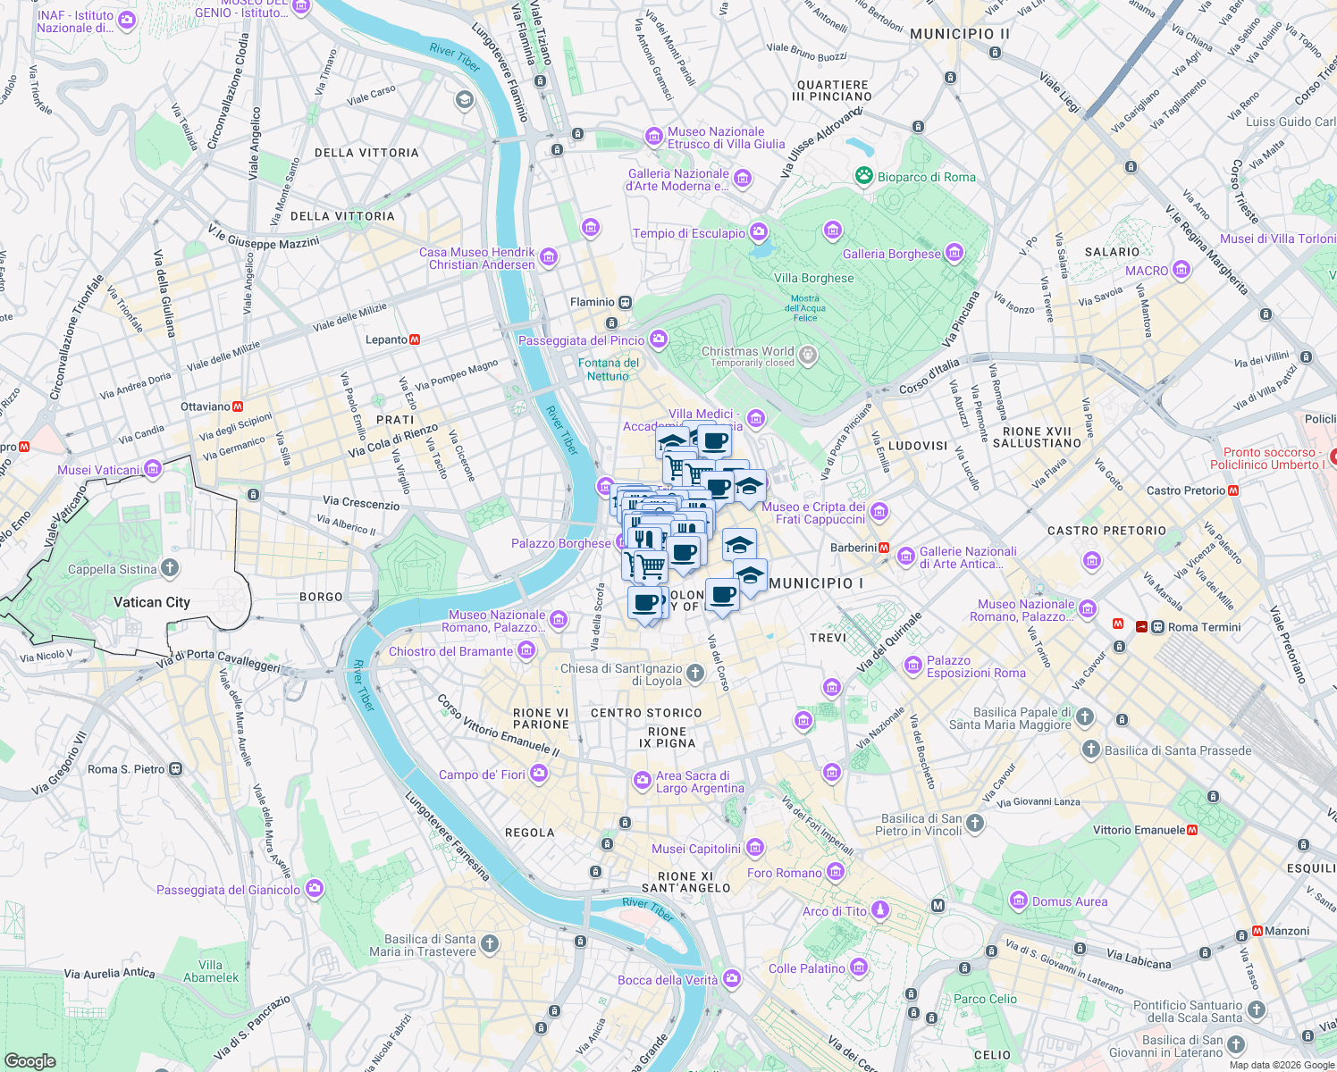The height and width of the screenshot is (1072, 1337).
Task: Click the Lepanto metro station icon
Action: click(x=415, y=339)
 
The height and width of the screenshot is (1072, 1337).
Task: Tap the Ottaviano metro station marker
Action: click(x=238, y=406)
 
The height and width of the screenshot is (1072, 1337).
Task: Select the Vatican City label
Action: click(x=151, y=602)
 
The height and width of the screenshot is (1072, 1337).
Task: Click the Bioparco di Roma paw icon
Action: click(x=863, y=176)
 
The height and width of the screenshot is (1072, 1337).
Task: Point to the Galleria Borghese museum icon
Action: click(x=954, y=254)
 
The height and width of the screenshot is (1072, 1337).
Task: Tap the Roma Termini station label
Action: click(x=1204, y=627)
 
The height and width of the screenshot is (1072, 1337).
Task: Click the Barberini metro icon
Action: click(x=884, y=548)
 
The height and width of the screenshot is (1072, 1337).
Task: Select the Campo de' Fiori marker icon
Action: click(x=539, y=775)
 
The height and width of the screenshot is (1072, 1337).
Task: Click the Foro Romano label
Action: click(x=784, y=873)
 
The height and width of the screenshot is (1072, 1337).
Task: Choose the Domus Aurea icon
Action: click(x=1019, y=901)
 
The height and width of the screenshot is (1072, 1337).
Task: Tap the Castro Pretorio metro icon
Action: click(x=1233, y=490)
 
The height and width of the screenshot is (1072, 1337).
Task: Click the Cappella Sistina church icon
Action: click(x=170, y=569)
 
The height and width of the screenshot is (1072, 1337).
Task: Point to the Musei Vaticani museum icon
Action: click(x=153, y=469)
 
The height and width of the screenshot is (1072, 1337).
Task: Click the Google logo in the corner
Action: click(x=29, y=1061)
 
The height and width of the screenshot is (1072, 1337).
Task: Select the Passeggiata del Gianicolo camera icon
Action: click(x=314, y=889)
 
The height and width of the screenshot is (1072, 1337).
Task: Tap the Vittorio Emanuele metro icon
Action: click(x=1192, y=830)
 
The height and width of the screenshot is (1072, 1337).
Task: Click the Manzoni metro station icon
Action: click(x=1257, y=931)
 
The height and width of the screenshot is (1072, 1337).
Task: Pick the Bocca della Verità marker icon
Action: click(x=732, y=979)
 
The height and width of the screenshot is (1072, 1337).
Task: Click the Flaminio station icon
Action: click(x=626, y=302)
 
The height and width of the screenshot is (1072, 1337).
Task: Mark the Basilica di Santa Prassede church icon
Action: click(x=1090, y=750)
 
